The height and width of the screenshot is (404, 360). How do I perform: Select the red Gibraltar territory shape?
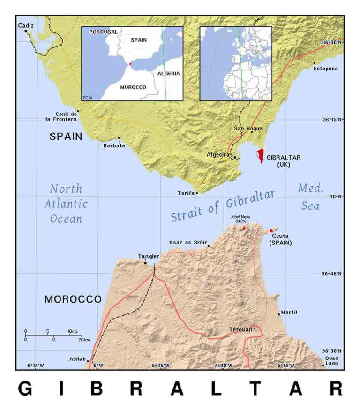pos(260,155)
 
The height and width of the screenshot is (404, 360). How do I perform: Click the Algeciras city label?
pos(220,155)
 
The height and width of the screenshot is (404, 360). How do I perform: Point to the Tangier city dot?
pos(145,263)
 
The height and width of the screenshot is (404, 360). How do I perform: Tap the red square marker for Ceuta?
pos(271,230)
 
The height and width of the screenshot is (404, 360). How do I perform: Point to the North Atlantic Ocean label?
pos(66,204)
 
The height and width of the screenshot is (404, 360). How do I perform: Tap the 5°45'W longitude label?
pos(160,365)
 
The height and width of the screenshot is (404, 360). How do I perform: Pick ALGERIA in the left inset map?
pos(168,74)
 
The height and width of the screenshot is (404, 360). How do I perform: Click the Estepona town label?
pos(325,69)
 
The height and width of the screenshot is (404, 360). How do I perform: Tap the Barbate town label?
pos(114,145)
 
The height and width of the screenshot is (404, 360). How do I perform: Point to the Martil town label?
pos(289,312)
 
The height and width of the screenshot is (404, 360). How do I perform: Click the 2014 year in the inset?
pos(88,97)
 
